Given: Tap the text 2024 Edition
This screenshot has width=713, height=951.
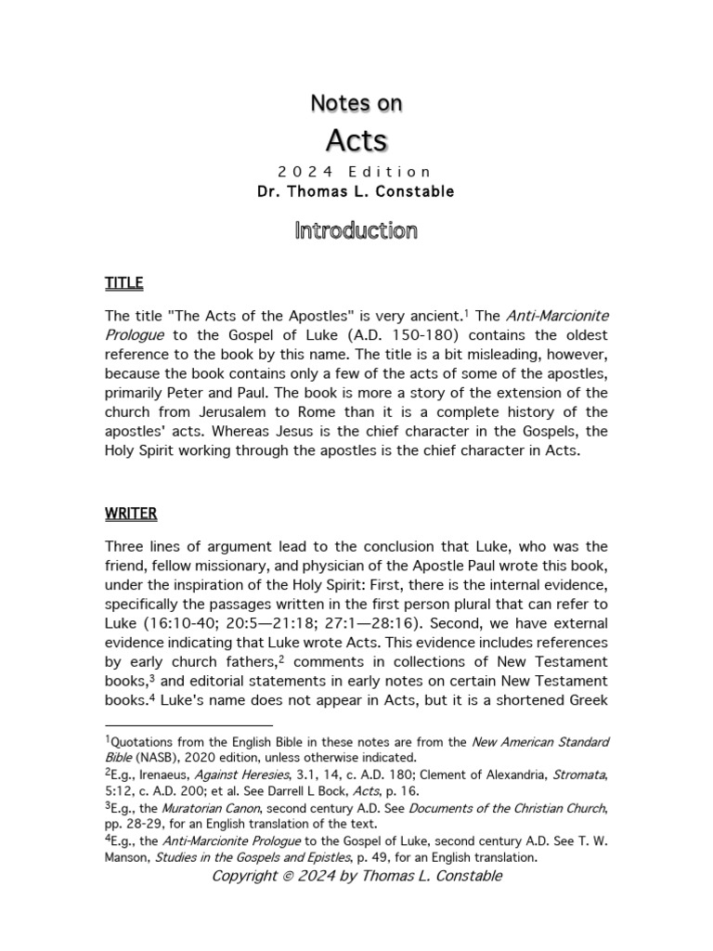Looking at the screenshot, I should click(x=356, y=172).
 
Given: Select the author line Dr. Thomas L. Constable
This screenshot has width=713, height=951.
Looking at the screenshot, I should click(x=356, y=192).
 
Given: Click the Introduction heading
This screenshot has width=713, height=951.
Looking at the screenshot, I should click(x=356, y=230).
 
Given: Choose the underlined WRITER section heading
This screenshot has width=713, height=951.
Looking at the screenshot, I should click(x=131, y=513).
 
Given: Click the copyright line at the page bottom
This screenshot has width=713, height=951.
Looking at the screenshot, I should click(x=356, y=877).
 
